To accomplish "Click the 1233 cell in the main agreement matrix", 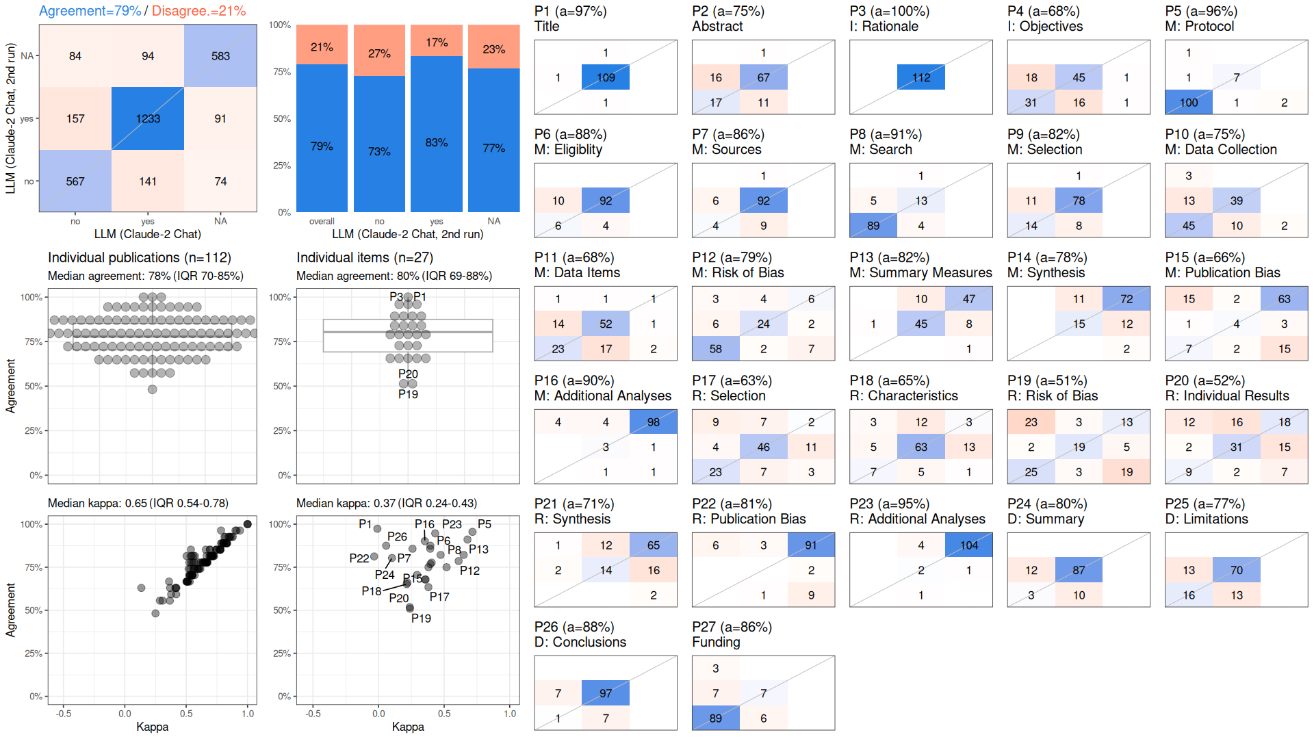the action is pyautogui.click(x=148, y=118).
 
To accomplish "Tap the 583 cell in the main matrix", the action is pyautogui.click(x=220, y=56).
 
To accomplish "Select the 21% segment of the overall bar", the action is pyautogui.click(x=322, y=44).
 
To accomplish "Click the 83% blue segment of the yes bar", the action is pyautogui.click(x=437, y=134).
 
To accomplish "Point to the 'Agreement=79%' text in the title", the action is pyautogui.click(x=90, y=11).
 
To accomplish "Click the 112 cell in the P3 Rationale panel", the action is pyautogui.click(x=921, y=77).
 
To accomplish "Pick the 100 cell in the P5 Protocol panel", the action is pyautogui.click(x=1189, y=103).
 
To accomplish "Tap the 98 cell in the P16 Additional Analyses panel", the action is pyautogui.click(x=654, y=422).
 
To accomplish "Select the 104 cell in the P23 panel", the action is pyautogui.click(x=969, y=545).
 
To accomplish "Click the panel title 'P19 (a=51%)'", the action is pyautogui.click(x=1047, y=381).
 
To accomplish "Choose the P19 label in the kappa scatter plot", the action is pyautogui.click(x=421, y=619).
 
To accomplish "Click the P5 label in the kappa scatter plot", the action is pyautogui.click(x=485, y=524).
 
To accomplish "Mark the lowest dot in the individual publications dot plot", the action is pyautogui.click(x=153, y=389).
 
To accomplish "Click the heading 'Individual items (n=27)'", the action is pyautogui.click(x=365, y=258).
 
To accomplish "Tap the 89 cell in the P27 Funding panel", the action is pyautogui.click(x=716, y=718).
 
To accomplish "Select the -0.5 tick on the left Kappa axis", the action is pyautogui.click(x=64, y=714).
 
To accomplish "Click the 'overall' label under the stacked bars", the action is pyautogui.click(x=322, y=222).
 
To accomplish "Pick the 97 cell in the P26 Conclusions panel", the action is pyautogui.click(x=606, y=693).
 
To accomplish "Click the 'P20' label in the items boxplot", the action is pyautogui.click(x=408, y=374).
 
